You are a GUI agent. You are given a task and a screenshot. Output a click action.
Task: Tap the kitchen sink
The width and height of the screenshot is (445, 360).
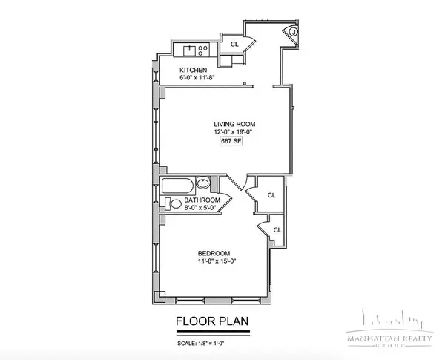coord(188,51)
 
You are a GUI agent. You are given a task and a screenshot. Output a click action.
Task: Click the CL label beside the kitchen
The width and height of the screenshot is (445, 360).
coord(234,45)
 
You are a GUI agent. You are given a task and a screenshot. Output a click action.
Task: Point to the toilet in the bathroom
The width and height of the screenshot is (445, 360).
coord(170,204)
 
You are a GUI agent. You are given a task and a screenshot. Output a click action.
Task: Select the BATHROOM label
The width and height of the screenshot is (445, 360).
coord(202,200)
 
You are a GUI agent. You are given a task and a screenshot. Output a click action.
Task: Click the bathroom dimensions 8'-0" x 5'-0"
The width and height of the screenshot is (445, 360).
coord(202,209)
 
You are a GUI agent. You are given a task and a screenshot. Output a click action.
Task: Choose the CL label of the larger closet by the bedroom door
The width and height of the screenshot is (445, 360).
coord(271,194)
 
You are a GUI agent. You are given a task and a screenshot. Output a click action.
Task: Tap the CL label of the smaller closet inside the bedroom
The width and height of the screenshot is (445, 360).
coord(277,229)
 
